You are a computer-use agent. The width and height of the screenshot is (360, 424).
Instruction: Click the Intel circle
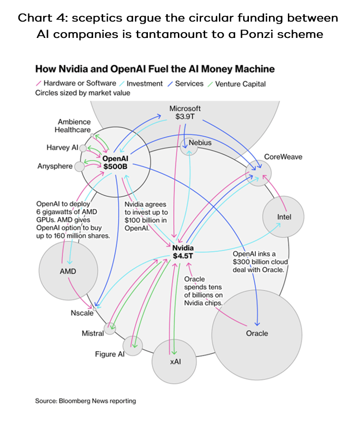[284, 216]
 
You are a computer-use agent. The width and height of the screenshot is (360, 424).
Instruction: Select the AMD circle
[68, 271]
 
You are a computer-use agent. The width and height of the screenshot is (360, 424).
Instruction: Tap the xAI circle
[175, 363]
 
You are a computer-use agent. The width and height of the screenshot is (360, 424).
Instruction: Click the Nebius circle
[189, 147]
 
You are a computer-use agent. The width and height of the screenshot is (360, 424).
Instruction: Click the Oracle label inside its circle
[257, 333]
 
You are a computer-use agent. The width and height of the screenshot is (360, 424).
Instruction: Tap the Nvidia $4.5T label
[183, 252]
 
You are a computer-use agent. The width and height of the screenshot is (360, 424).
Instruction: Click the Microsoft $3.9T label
[185, 113]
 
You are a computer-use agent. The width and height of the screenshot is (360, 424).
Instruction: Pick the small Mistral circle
[110, 329]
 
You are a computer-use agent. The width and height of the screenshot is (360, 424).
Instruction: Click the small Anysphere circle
[79, 166]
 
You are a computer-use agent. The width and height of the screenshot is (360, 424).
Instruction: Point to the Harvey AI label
[62, 147]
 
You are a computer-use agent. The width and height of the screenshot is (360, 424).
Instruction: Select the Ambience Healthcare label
[74, 126]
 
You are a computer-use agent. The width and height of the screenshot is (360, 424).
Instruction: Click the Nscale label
[82, 313]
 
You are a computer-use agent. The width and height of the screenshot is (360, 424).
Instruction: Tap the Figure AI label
[109, 354]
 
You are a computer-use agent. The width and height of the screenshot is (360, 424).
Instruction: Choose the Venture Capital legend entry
[239, 83]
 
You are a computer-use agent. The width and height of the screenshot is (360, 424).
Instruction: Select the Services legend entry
[187, 83]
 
